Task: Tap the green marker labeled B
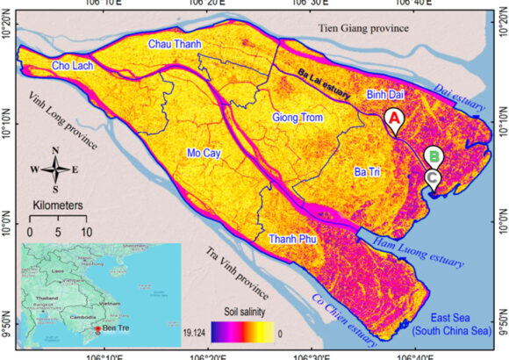click(433, 156)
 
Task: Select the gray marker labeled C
click(433, 176)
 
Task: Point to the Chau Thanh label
click(170, 44)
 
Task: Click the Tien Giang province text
click(365, 28)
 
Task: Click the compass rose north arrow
click(54, 158)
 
